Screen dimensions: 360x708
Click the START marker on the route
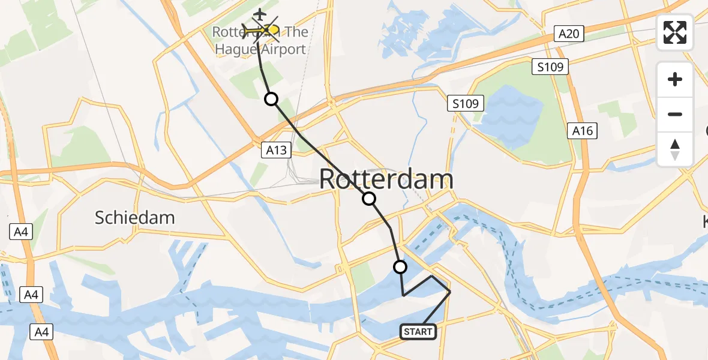click(x=418, y=331)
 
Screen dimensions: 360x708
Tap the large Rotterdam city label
click(x=386, y=179)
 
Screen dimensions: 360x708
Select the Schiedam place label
click(x=134, y=217)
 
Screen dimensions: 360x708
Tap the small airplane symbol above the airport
click(x=259, y=14)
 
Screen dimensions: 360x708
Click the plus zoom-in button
click(x=675, y=79)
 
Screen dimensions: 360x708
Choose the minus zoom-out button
click(x=675, y=114)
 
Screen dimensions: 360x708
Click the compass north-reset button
click(x=675, y=149)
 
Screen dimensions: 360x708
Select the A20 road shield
click(x=568, y=34)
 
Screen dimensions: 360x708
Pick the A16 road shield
click(x=583, y=130)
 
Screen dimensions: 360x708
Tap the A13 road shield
click(x=277, y=150)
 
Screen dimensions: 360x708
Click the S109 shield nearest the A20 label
click(x=550, y=67)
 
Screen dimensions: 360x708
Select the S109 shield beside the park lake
click(x=466, y=104)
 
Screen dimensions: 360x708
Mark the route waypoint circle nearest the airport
click(x=272, y=99)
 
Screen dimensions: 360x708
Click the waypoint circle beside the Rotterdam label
click(x=369, y=199)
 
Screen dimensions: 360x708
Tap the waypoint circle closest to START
click(x=400, y=267)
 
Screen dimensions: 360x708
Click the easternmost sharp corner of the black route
click(x=450, y=292)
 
